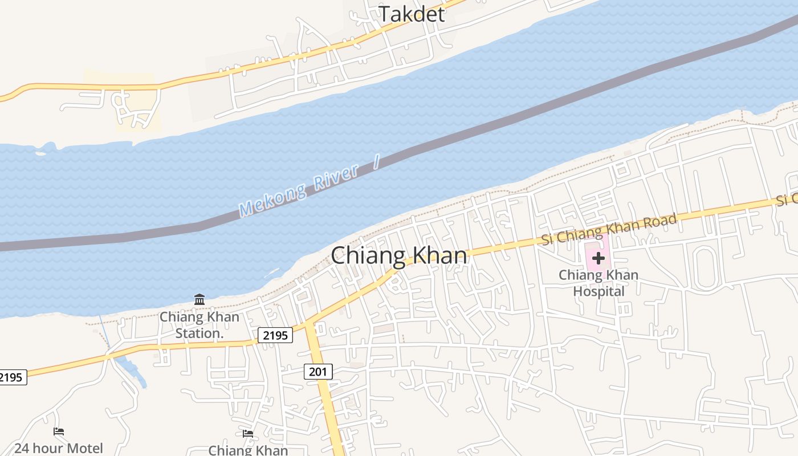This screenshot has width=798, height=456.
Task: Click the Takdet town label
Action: click(x=412, y=14)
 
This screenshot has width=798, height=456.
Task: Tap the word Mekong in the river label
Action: click(x=272, y=200)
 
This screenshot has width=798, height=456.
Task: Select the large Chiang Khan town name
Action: click(x=399, y=255)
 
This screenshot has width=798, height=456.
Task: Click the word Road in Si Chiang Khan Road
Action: click(x=658, y=224)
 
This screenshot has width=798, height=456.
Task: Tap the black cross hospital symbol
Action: click(x=598, y=258)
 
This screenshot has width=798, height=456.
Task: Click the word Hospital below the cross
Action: click(x=598, y=291)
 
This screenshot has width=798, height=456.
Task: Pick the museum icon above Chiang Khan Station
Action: click(x=199, y=299)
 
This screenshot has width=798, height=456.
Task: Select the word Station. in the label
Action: click(x=199, y=333)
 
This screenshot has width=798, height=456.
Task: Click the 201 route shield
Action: click(x=318, y=372)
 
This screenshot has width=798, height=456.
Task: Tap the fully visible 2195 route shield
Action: click(x=275, y=335)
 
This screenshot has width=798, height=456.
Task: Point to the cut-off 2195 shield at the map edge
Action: click(x=11, y=377)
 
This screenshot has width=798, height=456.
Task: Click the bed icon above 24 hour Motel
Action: click(x=59, y=431)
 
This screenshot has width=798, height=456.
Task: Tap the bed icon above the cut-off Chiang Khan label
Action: click(x=248, y=434)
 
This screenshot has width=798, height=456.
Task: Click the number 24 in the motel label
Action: click(x=22, y=449)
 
